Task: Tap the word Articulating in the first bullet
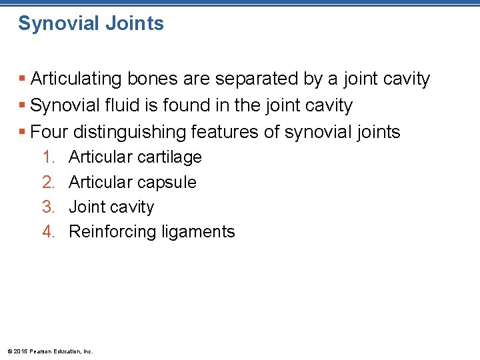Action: [x=75, y=79]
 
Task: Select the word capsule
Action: [x=166, y=183]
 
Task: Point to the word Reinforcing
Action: [x=109, y=232]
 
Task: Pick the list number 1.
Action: [x=48, y=157]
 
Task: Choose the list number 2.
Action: [x=48, y=183]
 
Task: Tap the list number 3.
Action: [x=48, y=207]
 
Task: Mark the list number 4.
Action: [x=48, y=232]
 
